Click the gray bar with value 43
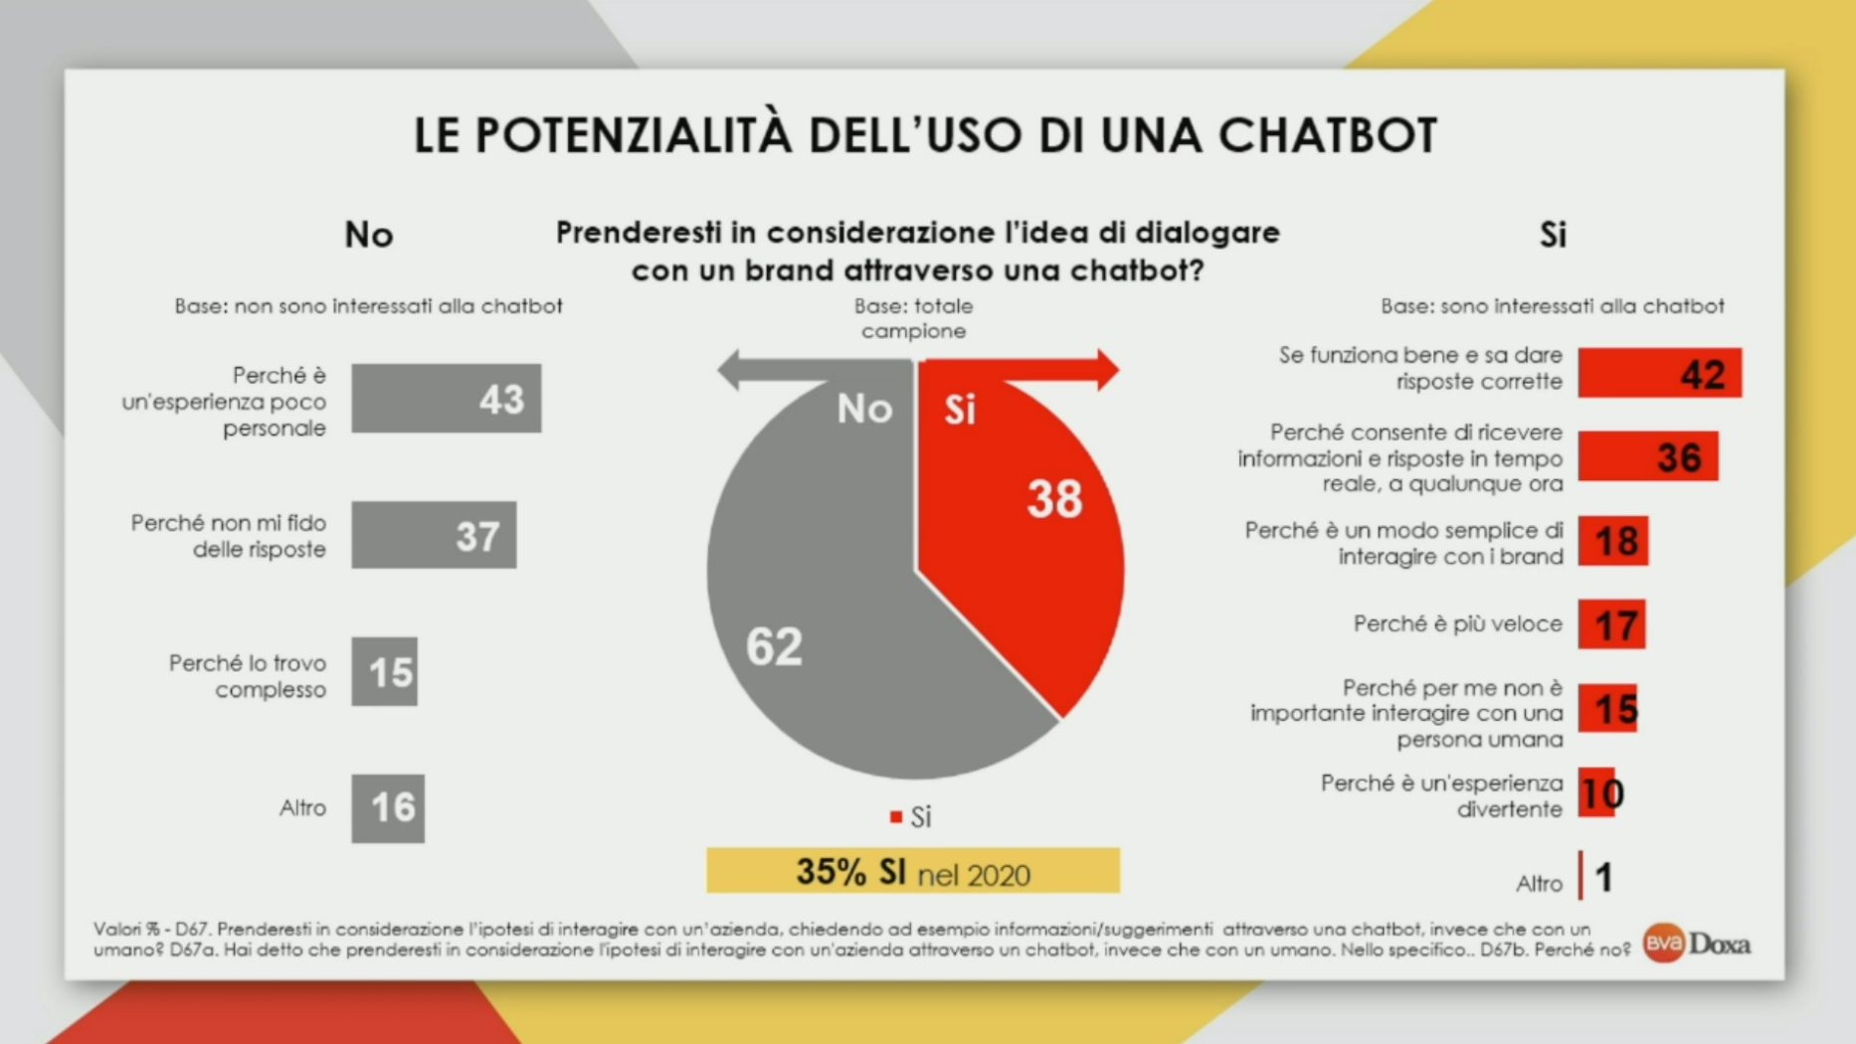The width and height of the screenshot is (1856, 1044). (x=446, y=398)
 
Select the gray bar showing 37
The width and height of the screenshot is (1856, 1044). (x=434, y=535)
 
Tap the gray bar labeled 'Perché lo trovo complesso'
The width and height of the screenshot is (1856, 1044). (x=384, y=672)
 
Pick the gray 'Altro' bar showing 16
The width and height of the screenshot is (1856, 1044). (x=388, y=808)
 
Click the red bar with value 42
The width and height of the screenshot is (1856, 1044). (x=1659, y=373)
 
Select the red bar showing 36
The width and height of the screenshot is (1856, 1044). (x=1647, y=456)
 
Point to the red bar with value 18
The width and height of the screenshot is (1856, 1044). (x=1612, y=541)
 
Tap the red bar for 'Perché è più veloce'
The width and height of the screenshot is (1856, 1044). (x=1611, y=624)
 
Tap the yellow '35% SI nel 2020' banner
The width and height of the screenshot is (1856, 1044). (x=913, y=871)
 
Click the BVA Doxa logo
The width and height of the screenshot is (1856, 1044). (x=1697, y=943)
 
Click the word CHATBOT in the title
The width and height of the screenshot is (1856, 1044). (x=1328, y=135)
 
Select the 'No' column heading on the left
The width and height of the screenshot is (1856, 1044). (x=369, y=235)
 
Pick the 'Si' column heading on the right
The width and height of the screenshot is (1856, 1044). (x=1553, y=235)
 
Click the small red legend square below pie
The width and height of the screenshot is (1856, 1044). (x=896, y=816)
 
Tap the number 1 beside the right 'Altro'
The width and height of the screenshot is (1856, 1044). (x=1603, y=877)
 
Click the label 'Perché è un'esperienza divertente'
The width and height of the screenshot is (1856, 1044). (x=1441, y=795)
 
